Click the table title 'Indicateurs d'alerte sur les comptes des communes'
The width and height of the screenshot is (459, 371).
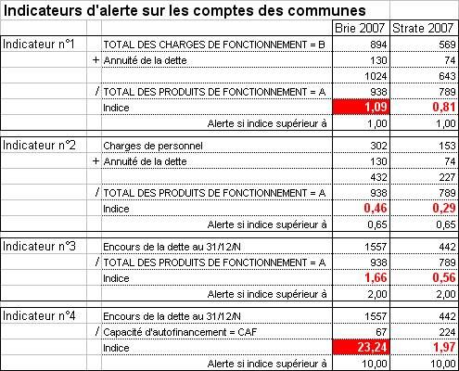tap(185, 11)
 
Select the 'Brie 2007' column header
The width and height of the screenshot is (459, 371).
tap(360, 29)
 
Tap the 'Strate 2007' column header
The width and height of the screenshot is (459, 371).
tap(423, 29)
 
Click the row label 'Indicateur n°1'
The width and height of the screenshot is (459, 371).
tap(39, 45)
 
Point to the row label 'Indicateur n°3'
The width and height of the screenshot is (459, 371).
tap(39, 247)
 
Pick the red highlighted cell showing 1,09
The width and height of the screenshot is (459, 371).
tap(361, 107)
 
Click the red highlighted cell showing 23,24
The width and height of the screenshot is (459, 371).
tap(361, 347)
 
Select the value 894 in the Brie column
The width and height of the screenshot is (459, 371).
tap(378, 45)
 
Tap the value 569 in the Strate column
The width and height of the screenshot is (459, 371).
tap(447, 45)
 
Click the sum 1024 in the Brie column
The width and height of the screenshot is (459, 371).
tap(376, 76)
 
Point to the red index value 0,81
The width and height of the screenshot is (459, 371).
tap(444, 108)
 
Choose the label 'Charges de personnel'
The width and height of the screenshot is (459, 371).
tap(153, 146)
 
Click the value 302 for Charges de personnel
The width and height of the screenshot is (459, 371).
tap(378, 146)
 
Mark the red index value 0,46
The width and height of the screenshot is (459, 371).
tap(376, 209)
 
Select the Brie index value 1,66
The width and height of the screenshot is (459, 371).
tap(376, 277)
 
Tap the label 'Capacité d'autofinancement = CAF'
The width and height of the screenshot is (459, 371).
tap(180, 332)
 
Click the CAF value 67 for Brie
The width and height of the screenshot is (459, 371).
tap(381, 332)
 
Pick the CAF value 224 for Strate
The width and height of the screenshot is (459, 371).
tap(447, 332)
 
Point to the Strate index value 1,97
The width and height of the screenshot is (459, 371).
tap(444, 347)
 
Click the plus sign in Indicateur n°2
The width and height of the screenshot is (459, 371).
tap(96, 161)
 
